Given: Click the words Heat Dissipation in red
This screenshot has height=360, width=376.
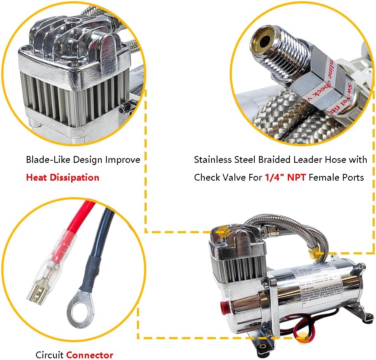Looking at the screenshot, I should (63, 177).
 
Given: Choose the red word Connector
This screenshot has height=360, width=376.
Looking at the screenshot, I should (89, 355).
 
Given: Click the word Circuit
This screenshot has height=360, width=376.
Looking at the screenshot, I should (49, 355).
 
